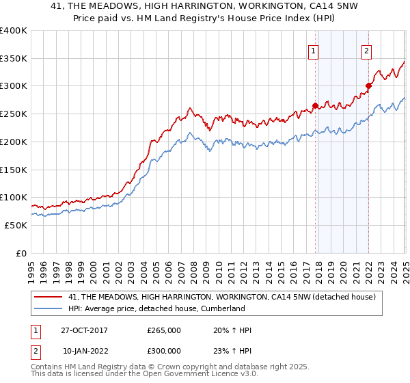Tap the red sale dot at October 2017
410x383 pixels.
coord(315,105)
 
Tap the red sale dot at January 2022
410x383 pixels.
coord(368,86)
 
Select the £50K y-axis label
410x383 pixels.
coord(16,225)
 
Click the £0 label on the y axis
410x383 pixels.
coord(21,253)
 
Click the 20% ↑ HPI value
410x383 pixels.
coord(232,330)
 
